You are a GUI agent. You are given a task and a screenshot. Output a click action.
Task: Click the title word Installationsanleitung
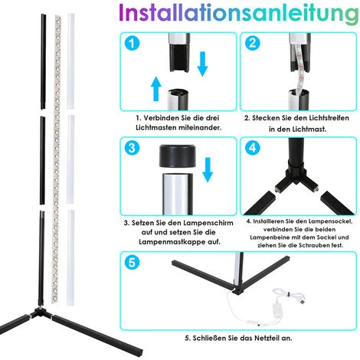(239, 13)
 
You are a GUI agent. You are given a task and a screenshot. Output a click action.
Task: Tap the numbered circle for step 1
(132, 43)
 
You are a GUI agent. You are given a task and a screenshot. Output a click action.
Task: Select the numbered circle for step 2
(253, 43)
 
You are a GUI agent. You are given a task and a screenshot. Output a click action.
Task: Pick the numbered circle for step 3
(132, 148)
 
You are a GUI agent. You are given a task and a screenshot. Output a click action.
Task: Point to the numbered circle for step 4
(253, 148)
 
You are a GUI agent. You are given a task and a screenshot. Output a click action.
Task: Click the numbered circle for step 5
(132, 263)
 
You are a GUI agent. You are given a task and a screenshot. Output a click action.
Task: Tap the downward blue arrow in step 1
(203, 64)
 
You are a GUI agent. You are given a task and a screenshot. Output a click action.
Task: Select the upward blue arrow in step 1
(156, 88)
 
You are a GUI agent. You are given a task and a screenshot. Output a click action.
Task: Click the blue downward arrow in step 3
(208, 170)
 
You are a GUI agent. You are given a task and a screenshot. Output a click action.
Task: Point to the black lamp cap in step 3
(178, 156)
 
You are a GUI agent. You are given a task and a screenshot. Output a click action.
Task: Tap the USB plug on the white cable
(302, 302)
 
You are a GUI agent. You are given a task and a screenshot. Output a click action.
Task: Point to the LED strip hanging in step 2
(299, 67)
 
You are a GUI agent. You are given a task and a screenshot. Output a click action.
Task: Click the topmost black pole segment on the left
(43, 61)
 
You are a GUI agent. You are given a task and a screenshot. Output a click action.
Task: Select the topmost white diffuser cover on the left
(70, 61)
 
